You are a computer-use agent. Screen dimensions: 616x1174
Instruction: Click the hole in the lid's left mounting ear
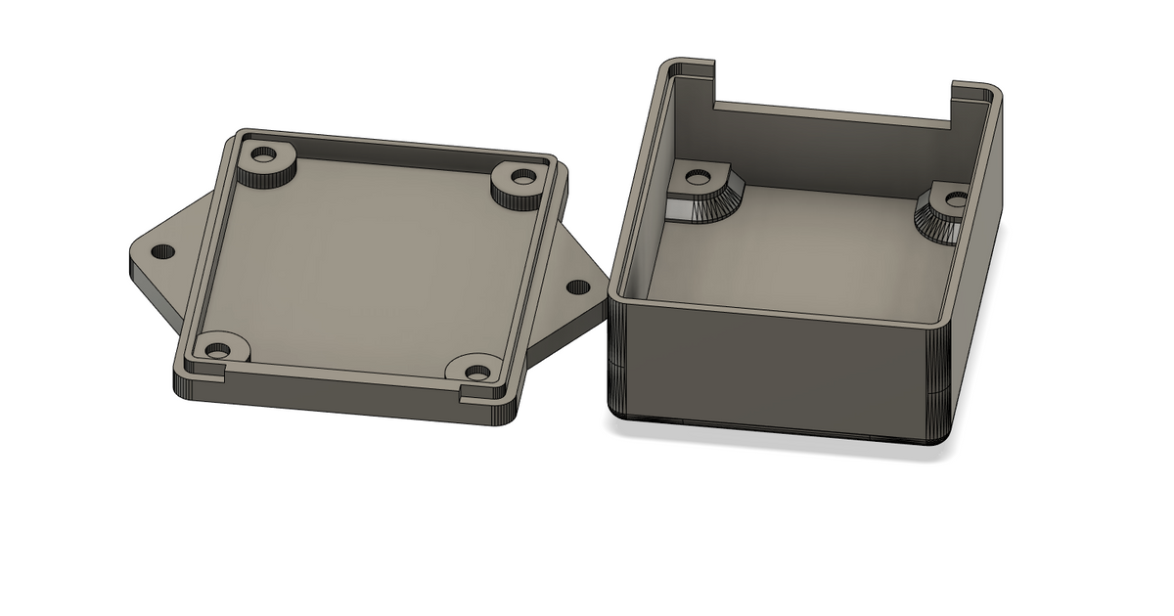[163, 251]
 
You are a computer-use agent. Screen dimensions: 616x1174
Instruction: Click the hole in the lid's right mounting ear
[578, 287]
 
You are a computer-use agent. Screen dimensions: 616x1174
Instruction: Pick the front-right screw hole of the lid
[477, 373]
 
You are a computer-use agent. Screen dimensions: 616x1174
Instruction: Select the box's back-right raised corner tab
[978, 94]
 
